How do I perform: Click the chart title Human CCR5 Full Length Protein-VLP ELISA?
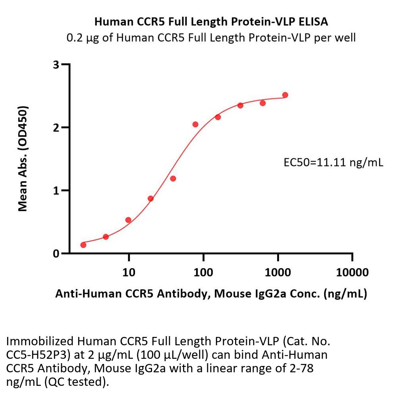click(211, 22)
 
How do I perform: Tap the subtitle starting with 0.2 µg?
click(211, 38)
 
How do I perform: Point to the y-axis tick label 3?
click(56, 64)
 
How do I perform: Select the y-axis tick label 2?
click(56, 127)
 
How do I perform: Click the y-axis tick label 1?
click(56, 190)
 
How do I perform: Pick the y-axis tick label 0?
click(56, 253)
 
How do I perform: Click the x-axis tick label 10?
click(129, 272)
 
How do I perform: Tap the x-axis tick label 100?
click(203, 272)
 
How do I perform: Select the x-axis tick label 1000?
click(278, 272)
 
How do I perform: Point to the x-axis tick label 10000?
click(352, 272)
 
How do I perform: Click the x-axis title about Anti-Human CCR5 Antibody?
click(211, 294)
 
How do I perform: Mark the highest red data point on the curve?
click(285, 95)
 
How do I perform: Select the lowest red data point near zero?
click(83, 245)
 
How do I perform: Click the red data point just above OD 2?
click(195, 125)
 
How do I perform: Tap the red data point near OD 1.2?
click(173, 179)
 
